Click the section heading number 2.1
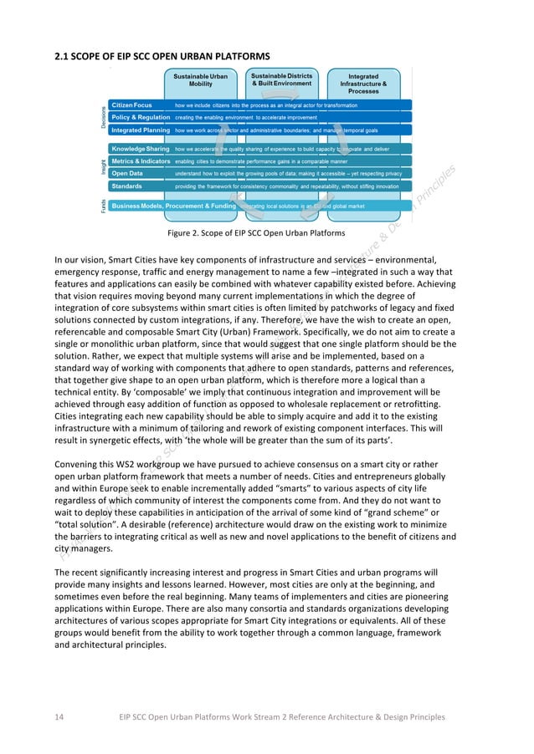coord(61,56)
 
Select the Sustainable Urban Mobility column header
coord(200,80)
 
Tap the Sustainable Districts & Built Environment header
coord(282,79)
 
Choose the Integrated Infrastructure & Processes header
coord(362,83)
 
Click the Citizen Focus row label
coord(131,106)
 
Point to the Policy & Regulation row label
coord(141,118)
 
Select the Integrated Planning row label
coord(141,130)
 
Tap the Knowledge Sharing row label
coord(140,148)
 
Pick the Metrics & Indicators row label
coord(141,160)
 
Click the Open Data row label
coord(128,173)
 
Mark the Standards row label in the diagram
coord(126,186)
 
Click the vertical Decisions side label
coord(103,116)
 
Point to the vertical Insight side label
coord(103,167)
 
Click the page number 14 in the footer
coord(59,716)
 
